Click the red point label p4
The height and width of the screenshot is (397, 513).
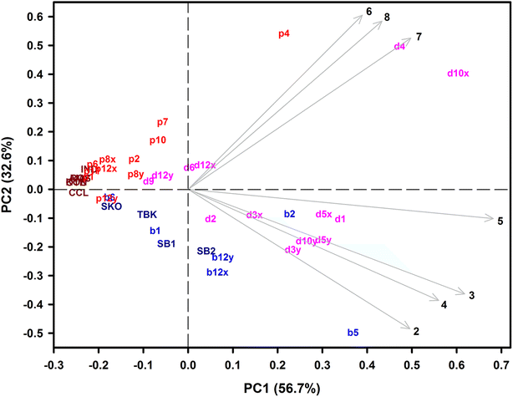click(284, 34)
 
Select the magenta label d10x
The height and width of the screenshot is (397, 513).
click(458, 74)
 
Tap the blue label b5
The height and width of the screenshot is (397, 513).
click(353, 333)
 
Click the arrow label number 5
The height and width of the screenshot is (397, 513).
click(500, 221)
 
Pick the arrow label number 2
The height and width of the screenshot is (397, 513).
click(415, 331)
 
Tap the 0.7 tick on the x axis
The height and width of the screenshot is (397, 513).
click(501, 364)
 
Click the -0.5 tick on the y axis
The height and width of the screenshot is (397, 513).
click(33, 333)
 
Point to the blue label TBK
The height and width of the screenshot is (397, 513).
click(147, 215)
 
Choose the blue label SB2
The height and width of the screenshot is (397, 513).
click(206, 251)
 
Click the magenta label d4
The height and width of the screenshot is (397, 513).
click(399, 47)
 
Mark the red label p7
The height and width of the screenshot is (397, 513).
click(162, 123)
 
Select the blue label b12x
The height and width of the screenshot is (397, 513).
click(217, 272)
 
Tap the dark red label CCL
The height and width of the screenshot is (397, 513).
click(79, 193)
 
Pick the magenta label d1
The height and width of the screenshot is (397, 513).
click(340, 219)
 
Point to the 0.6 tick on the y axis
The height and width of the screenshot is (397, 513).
click(34, 17)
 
